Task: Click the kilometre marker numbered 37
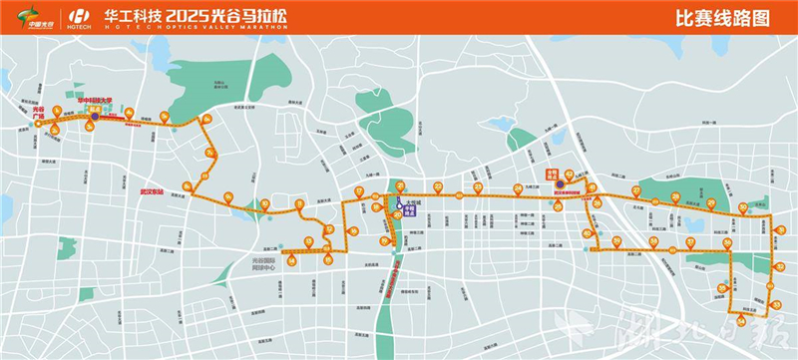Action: click(x=690, y=242)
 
